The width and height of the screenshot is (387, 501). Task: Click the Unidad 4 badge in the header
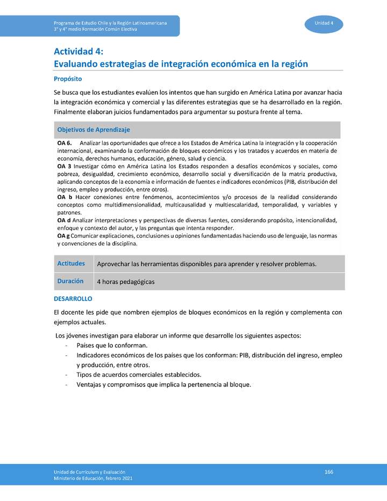[x=324, y=23]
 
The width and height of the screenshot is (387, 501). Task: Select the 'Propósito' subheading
[x=68, y=78]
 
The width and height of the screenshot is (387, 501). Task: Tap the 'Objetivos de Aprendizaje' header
[x=94, y=130]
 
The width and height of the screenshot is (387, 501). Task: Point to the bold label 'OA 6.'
[x=64, y=144]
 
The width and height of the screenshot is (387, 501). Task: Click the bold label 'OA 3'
[x=64, y=167]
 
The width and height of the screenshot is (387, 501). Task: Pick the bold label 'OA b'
[x=64, y=197]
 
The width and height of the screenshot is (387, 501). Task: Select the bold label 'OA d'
[x=63, y=220]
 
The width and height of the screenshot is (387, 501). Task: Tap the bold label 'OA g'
[x=63, y=235]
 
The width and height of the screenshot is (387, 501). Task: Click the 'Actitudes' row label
[x=71, y=263]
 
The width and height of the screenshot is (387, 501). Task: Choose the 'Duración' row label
[x=70, y=281]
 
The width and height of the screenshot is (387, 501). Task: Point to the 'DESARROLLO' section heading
[x=73, y=298]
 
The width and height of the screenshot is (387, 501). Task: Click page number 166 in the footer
[x=329, y=472]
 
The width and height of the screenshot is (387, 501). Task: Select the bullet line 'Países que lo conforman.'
[x=112, y=345]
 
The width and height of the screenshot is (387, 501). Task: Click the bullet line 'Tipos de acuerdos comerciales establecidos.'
[x=139, y=375]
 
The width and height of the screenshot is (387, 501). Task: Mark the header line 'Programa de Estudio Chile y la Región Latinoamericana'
[x=110, y=23]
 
